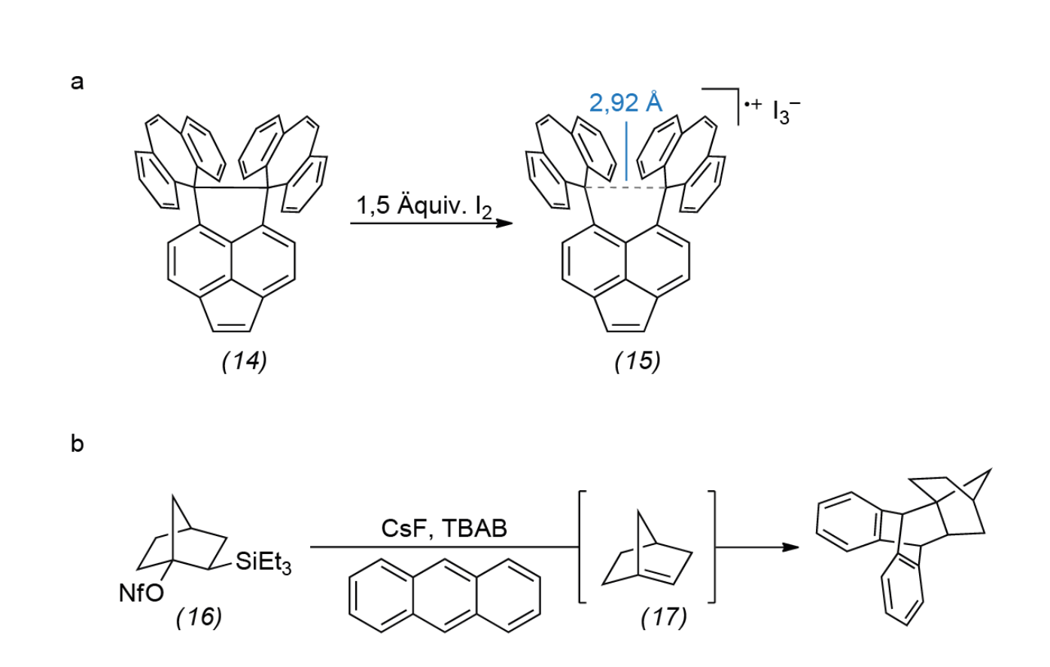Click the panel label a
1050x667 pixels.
(x=78, y=82)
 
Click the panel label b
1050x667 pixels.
(x=78, y=443)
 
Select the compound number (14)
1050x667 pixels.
(x=245, y=361)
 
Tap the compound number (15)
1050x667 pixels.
(x=638, y=361)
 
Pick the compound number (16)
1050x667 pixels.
(x=199, y=617)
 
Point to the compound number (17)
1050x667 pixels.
(x=664, y=617)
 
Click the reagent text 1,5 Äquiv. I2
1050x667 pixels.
(x=425, y=206)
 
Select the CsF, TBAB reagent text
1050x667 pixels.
(x=444, y=528)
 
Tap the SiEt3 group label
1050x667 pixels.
(x=263, y=562)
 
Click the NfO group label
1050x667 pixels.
(x=141, y=593)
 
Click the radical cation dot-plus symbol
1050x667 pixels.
(x=753, y=104)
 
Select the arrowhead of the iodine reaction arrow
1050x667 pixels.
(x=504, y=223)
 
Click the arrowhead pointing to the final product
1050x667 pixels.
(x=791, y=547)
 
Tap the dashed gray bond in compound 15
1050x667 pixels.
(x=625, y=187)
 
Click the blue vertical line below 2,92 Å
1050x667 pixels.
(x=626, y=151)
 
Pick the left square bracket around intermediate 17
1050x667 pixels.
(x=583, y=547)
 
